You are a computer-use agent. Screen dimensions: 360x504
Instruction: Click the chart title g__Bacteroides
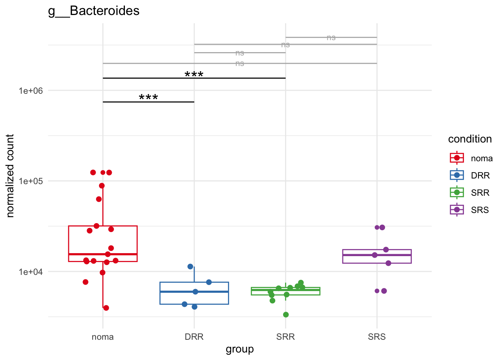pyautogui.click(x=94, y=11)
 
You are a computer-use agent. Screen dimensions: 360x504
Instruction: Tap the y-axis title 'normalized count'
pyautogui.click(x=10, y=176)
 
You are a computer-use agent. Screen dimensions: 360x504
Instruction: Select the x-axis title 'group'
pyautogui.click(x=240, y=349)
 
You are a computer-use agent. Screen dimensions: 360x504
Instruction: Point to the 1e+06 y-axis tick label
pyautogui.click(x=31, y=91)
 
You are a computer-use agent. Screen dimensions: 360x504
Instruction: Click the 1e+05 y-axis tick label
pyautogui.click(x=31, y=181)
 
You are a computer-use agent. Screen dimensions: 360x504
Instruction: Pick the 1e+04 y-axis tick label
pyautogui.click(x=31, y=271)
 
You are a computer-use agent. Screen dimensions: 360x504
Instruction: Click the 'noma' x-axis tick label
pyautogui.click(x=103, y=337)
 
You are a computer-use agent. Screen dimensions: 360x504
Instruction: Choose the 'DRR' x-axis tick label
pyautogui.click(x=194, y=337)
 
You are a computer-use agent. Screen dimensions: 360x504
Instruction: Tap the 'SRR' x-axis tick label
pyautogui.click(x=285, y=337)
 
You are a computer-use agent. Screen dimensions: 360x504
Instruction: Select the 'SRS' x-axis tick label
pyautogui.click(x=377, y=337)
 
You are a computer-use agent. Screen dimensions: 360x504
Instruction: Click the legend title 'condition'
pyautogui.click(x=470, y=139)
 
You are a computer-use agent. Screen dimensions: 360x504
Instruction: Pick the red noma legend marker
pyautogui.click(x=457, y=158)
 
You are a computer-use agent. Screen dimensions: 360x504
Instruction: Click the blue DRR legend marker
pyautogui.click(x=457, y=175)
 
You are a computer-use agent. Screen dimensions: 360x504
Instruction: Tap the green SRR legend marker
pyautogui.click(x=457, y=192)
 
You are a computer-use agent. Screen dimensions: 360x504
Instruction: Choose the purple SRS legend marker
pyautogui.click(x=457, y=210)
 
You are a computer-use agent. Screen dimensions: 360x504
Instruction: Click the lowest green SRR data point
pyautogui.click(x=286, y=315)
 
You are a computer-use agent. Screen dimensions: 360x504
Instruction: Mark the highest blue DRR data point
pyautogui.click(x=190, y=267)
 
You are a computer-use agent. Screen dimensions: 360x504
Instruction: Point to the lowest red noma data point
pyautogui.click(x=106, y=308)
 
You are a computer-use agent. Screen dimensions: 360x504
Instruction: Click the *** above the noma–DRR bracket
pyautogui.click(x=148, y=98)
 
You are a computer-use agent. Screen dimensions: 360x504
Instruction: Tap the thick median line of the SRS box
pyautogui.click(x=377, y=255)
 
